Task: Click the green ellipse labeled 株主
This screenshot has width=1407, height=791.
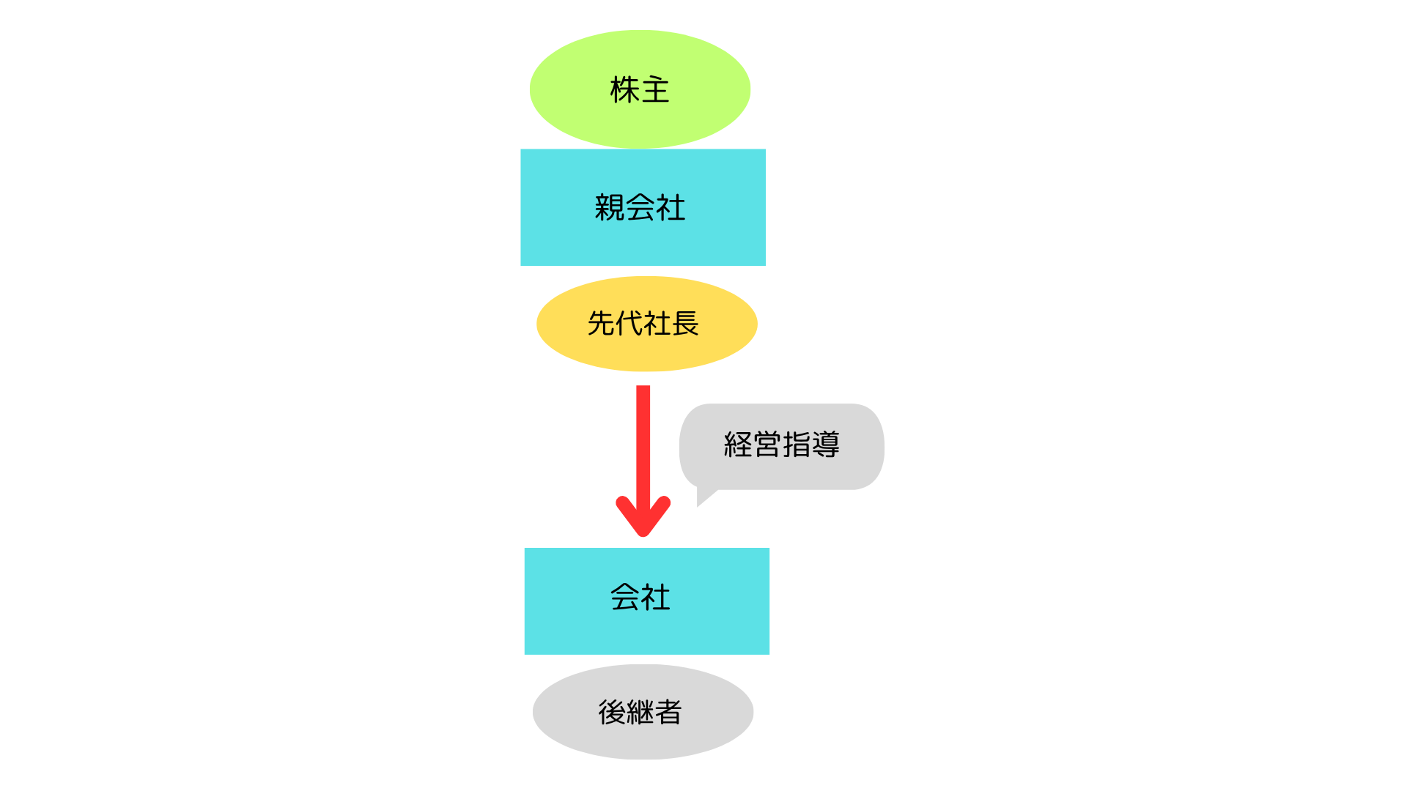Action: pos(640,89)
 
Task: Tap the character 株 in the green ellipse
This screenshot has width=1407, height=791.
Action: pos(625,89)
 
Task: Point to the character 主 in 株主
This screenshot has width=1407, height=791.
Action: pos(655,89)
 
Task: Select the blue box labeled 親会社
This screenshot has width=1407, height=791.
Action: pos(643,207)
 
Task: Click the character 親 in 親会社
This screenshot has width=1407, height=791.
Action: pos(610,207)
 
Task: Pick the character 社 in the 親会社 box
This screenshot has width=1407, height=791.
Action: pos(671,207)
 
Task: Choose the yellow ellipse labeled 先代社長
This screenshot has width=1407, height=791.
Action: pos(646,324)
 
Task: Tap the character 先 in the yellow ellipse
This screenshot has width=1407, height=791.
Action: pos(602,323)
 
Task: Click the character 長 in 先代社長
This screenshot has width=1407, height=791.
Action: pos(685,323)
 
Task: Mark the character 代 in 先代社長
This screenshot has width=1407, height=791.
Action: pos(629,323)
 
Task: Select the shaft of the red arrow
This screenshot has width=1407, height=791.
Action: pos(643,447)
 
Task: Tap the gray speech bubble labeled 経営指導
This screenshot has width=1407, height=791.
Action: pos(782,447)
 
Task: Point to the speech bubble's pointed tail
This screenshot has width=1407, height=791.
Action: pos(698,505)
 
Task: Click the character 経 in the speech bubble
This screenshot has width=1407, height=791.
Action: pos(738,445)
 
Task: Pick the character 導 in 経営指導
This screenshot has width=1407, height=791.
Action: pos(826,445)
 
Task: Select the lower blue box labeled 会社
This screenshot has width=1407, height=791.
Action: pos(647,601)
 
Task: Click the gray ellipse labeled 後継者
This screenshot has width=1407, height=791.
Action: pos(643,712)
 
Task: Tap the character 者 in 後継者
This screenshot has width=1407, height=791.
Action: pos(668,712)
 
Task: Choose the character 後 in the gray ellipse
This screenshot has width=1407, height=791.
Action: pos(612,712)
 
